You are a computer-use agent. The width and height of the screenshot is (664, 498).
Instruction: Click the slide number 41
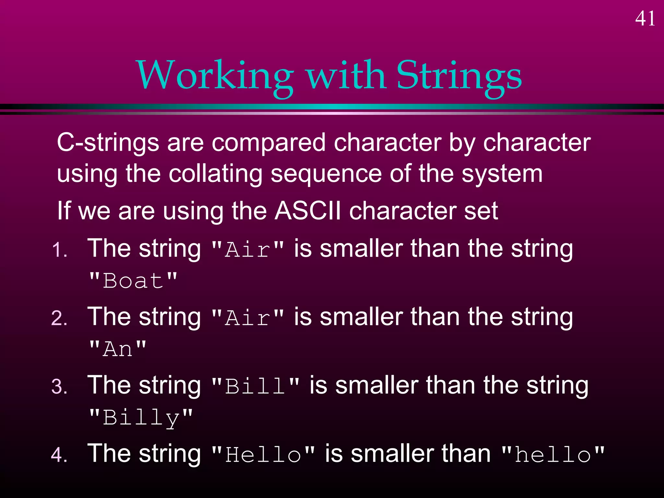(645, 18)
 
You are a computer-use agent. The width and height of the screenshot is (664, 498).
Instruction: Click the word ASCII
(308, 211)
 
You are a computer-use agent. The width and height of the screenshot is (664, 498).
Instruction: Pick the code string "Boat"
(133, 280)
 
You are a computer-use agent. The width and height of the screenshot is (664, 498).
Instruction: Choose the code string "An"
(118, 349)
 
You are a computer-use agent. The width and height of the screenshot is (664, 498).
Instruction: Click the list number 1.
(60, 250)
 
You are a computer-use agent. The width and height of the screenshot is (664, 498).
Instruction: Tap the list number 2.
(59, 318)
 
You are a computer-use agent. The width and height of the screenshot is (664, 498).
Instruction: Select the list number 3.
(59, 387)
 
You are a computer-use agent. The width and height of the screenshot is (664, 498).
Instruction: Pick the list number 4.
(59, 455)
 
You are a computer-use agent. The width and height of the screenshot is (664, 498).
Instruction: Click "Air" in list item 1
(247, 250)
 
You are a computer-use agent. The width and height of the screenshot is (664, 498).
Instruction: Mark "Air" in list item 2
(247, 318)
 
